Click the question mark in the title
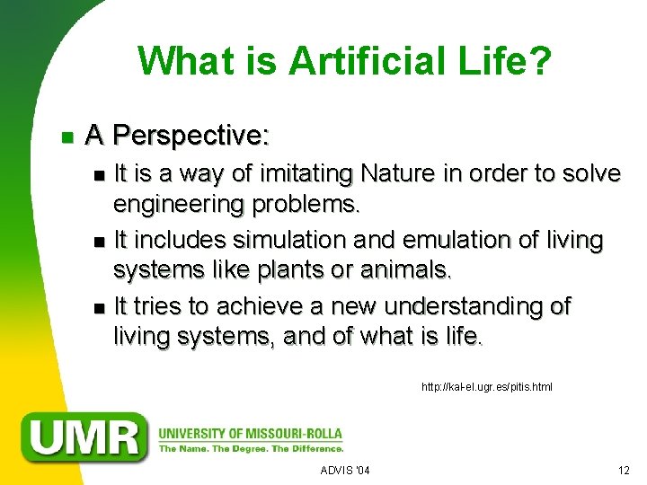pos(541,61)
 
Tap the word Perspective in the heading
pos(191,136)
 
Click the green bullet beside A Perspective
pos(66,137)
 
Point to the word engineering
pos(183,205)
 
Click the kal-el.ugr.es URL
pos(486,387)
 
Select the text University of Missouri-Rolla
pos(250,433)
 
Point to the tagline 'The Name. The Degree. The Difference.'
pos(251,447)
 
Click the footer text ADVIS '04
pos(344,471)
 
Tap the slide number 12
pos(624,471)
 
